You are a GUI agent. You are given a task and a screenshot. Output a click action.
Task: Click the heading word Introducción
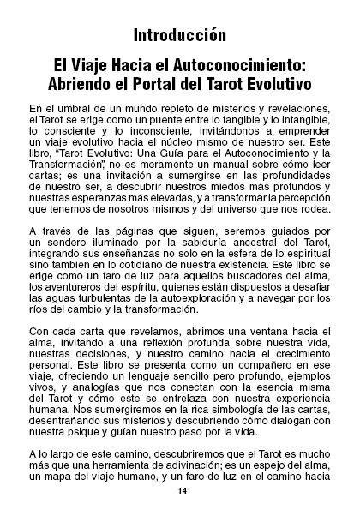point(180,35)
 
